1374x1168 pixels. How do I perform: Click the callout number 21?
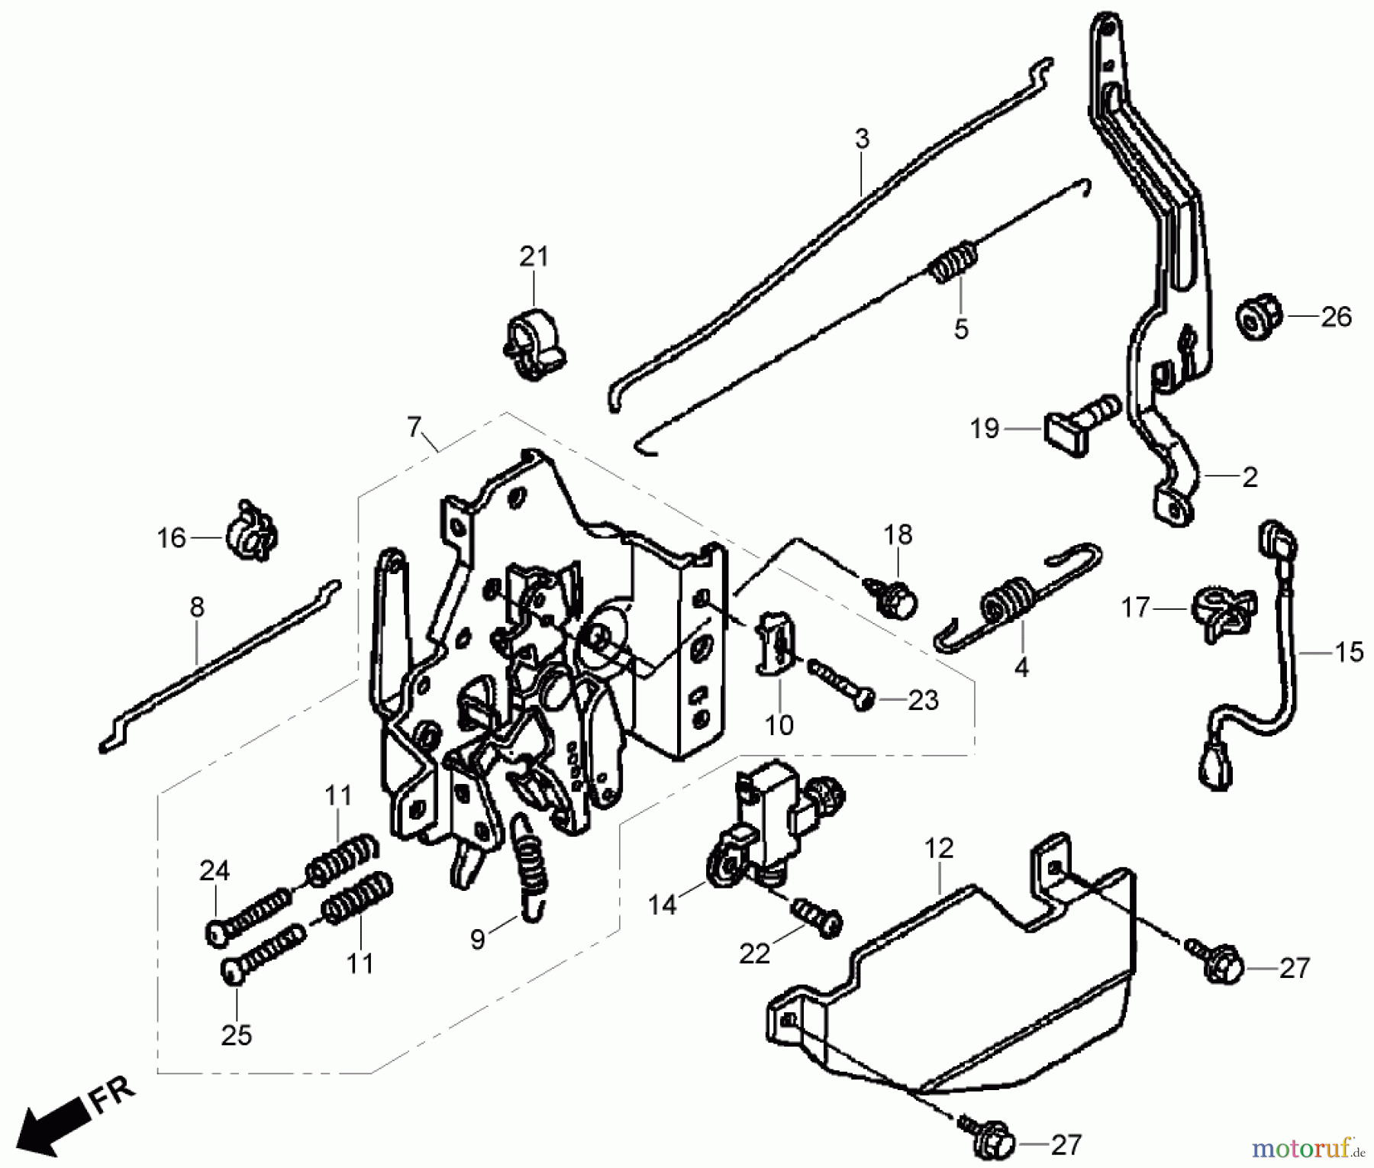pos(534,257)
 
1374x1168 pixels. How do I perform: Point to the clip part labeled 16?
pos(250,531)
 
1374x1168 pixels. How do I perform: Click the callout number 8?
pos(197,608)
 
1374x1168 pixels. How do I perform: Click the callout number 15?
pos(1349,652)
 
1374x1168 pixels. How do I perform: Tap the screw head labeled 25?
pos(232,971)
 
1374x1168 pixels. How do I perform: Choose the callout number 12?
pos(939,848)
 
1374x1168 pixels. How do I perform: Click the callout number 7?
pos(414,428)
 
